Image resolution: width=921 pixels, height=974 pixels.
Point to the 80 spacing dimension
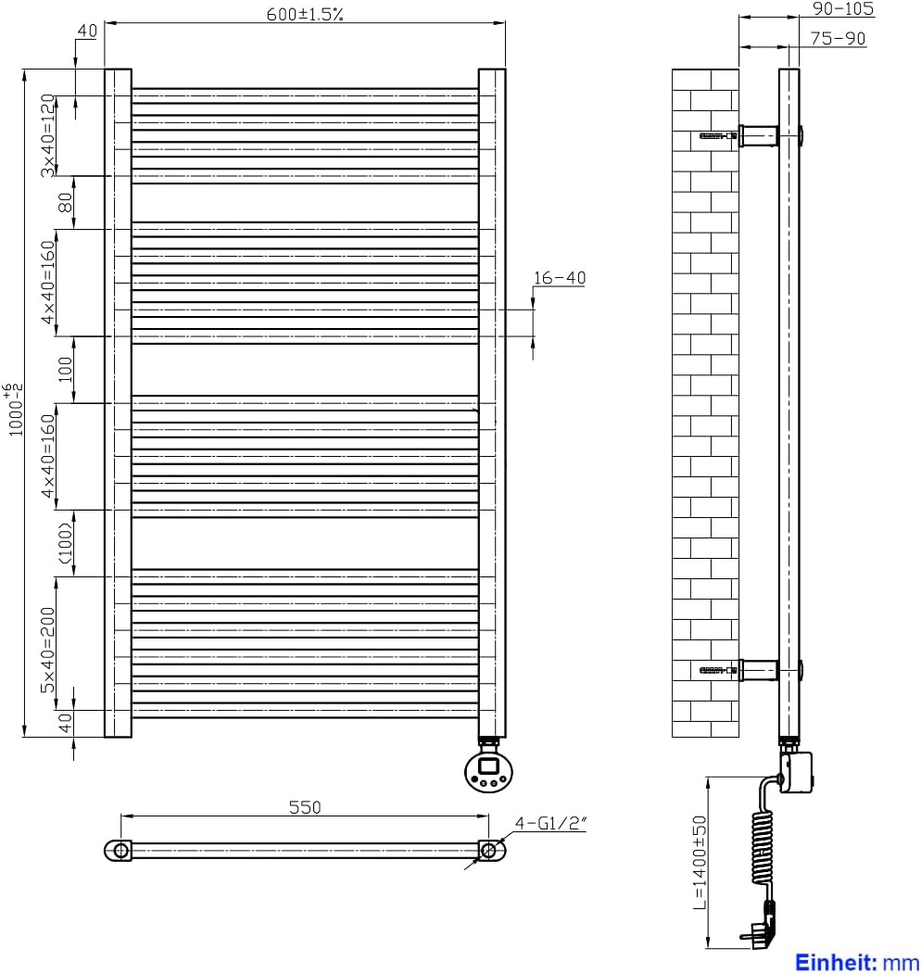pos(66,202)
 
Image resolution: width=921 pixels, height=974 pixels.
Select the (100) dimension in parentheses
pos(66,543)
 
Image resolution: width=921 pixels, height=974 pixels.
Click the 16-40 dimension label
pos(560,277)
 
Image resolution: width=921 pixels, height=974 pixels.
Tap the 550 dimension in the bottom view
pos(305,807)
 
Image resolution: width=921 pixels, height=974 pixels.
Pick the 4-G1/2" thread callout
pos(552,821)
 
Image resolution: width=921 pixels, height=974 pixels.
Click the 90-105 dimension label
pos(842,8)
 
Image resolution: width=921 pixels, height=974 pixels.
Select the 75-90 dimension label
pos(838,38)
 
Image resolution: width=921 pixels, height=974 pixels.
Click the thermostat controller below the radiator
pos(487,770)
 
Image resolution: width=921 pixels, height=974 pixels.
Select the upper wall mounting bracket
pos(758,136)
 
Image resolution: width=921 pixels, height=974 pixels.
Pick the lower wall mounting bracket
pos(758,668)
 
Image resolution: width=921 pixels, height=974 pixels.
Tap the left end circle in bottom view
pos(119,850)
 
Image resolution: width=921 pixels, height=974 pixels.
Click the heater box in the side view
pos(798,771)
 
